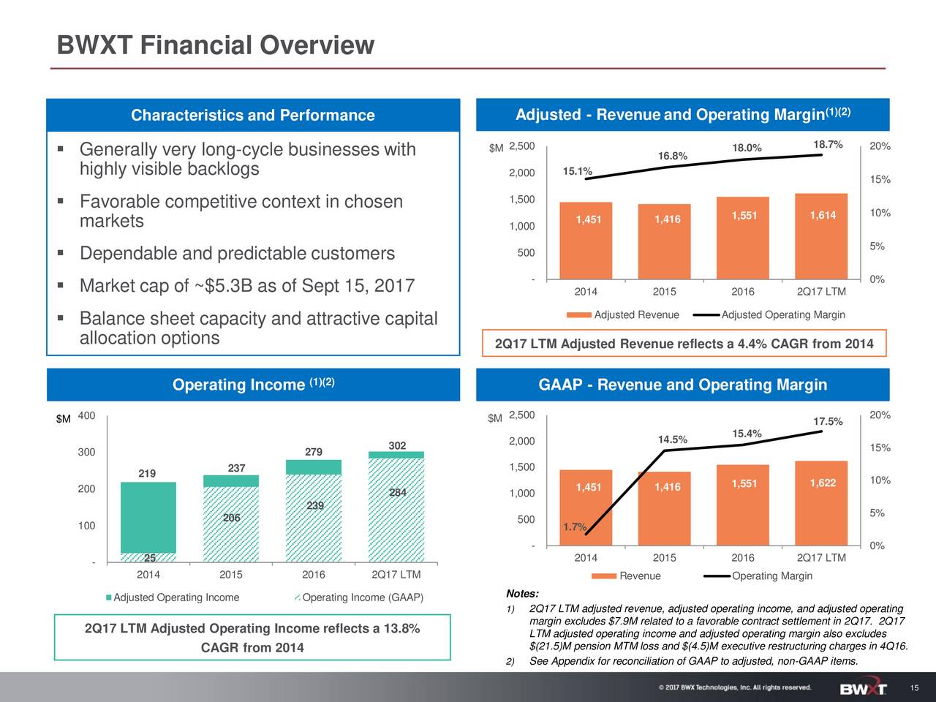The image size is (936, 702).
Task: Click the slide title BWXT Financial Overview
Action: [x=216, y=45]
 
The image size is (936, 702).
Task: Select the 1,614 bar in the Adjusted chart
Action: [x=821, y=235]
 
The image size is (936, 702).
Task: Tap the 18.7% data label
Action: [x=828, y=144]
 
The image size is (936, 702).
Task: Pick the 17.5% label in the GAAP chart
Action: [x=828, y=422]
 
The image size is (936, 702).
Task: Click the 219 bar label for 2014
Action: [x=147, y=474]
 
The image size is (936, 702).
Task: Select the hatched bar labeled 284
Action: [x=396, y=512]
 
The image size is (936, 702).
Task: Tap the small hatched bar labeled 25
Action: [x=148, y=558]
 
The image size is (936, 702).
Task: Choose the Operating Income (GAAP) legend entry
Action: [x=362, y=597]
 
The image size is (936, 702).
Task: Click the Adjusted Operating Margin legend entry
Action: [x=782, y=314]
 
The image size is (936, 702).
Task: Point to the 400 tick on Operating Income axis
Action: [x=86, y=416]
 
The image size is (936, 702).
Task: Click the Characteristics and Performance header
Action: [x=253, y=116]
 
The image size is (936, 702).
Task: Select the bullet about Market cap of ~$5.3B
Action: [x=247, y=285]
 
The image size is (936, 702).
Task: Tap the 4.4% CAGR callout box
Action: [x=684, y=344]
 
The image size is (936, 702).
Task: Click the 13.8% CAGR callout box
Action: [x=252, y=638]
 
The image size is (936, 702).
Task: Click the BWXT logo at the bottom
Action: [x=864, y=689]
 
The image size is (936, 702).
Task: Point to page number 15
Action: [x=914, y=689]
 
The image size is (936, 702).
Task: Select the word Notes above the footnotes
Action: [x=522, y=593]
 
